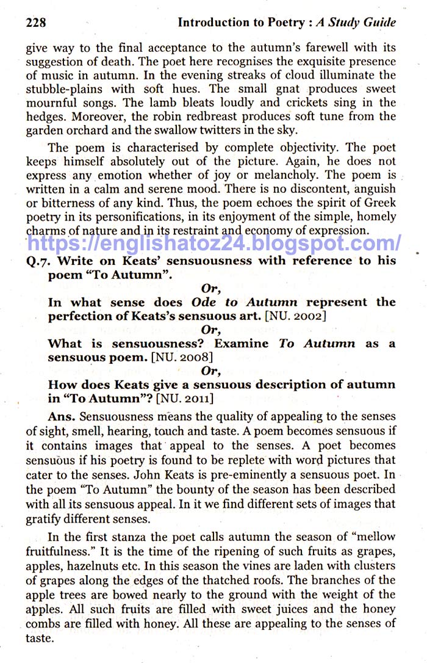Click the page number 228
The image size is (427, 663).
[x=37, y=23]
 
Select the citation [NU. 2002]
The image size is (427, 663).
[x=296, y=316]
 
